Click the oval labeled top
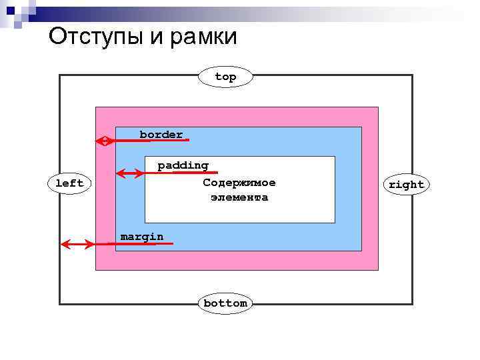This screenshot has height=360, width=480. click(x=225, y=77)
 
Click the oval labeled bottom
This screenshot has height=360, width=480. click(x=225, y=303)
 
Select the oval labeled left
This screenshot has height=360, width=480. click(x=69, y=183)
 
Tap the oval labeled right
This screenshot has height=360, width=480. click(x=406, y=185)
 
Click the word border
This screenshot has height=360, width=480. click(x=161, y=135)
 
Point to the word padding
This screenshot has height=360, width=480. click(x=183, y=165)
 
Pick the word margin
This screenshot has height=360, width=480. click(x=141, y=237)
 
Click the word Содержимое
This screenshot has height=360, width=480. click(x=239, y=183)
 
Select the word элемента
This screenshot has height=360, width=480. click(x=239, y=197)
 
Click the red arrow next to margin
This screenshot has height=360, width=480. click(x=77, y=245)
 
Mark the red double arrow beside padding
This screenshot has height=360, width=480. click(x=129, y=173)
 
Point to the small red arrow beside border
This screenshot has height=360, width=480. click(x=104, y=141)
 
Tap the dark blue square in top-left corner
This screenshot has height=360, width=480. click(x=11, y=11)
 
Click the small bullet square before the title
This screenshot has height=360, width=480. click(x=18, y=25)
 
